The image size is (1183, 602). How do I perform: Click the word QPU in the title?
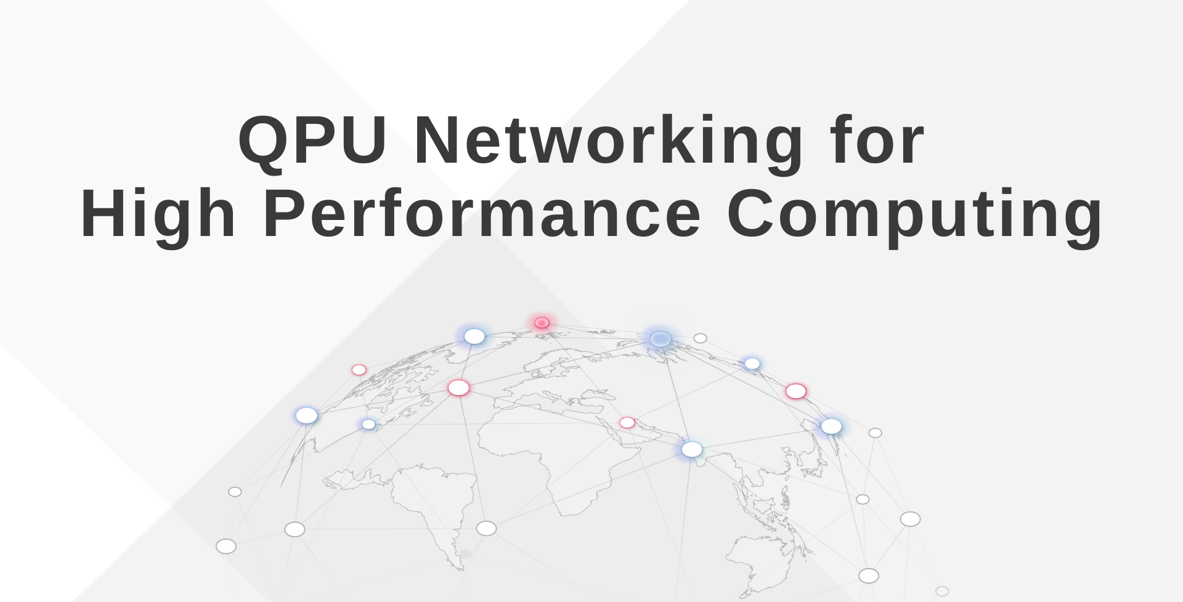[x=312, y=140]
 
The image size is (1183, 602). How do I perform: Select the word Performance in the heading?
[x=482, y=214]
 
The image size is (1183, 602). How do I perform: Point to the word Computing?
[x=914, y=214]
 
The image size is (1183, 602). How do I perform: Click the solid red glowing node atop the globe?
[x=542, y=323]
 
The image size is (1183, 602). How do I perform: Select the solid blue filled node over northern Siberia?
[x=661, y=339]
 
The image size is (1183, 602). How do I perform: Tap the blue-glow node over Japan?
[x=831, y=426]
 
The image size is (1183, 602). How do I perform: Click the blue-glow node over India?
[x=691, y=450]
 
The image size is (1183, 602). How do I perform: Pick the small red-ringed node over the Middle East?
[x=627, y=423]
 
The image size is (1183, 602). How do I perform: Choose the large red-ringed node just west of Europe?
[x=458, y=388]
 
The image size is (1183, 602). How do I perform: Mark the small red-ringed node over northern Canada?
[x=359, y=370]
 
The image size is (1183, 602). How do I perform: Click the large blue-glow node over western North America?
[x=306, y=416]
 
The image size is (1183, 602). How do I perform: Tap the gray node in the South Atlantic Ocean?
[x=486, y=529]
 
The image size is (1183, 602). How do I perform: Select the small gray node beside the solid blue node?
[x=700, y=338]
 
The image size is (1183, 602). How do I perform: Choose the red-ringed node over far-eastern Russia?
[x=795, y=391]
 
